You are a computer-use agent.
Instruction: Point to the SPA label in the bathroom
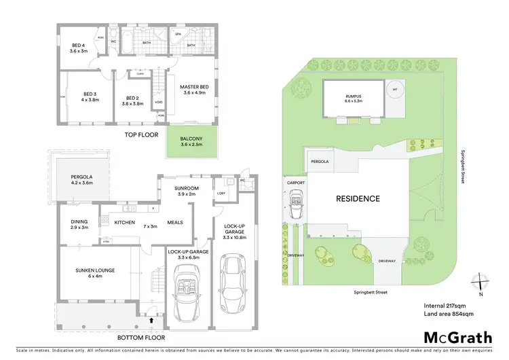coord(178,33)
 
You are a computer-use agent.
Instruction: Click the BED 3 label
coord(91,94)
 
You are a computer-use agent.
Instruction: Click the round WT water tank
coord(394,89)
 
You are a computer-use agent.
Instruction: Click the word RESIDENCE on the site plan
coord(358,199)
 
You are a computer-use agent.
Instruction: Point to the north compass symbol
coord(480,281)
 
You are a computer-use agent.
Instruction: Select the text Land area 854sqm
coord(447,314)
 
